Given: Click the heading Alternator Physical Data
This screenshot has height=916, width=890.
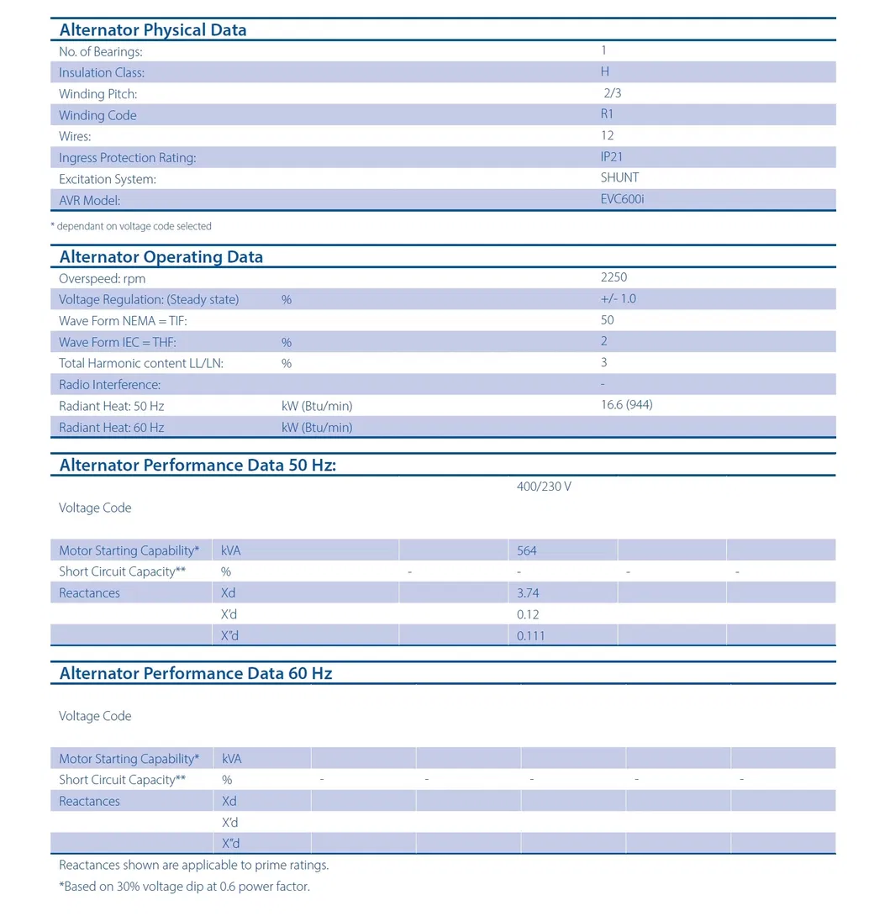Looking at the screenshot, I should tap(153, 30).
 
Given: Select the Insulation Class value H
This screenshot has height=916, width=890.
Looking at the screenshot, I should tap(605, 72).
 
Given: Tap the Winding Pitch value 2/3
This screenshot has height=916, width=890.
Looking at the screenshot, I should tap(612, 93).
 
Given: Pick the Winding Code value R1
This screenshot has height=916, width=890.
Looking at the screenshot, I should tap(607, 114).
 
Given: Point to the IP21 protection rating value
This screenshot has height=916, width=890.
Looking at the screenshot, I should tap(612, 156).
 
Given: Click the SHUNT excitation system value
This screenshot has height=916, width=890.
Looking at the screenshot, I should tap(619, 177).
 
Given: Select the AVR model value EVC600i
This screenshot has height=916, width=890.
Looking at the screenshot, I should tap(622, 199).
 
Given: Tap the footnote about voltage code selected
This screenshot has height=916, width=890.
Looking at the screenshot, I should tap(131, 226).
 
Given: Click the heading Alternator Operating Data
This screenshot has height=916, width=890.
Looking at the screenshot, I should tap(161, 257).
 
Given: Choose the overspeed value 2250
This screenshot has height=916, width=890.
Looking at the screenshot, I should tap(614, 277).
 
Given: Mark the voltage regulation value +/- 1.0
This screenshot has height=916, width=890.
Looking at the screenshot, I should tap(619, 299).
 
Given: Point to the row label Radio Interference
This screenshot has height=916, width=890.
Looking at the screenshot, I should tap(109, 385).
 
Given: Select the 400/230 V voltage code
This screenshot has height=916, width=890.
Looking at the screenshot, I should tap(544, 487).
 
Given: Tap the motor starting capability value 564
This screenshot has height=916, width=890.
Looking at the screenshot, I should tap(527, 551).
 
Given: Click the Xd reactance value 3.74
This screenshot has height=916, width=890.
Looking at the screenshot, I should tap(529, 593).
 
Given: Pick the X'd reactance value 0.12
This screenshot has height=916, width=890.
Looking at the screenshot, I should tap(529, 614).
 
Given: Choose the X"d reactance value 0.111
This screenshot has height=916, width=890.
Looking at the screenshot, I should tap(531, 636).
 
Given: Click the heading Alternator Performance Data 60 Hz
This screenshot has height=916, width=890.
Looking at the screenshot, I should tap(196, 674).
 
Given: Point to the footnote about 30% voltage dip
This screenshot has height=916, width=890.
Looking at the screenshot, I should tap(184, 887).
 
